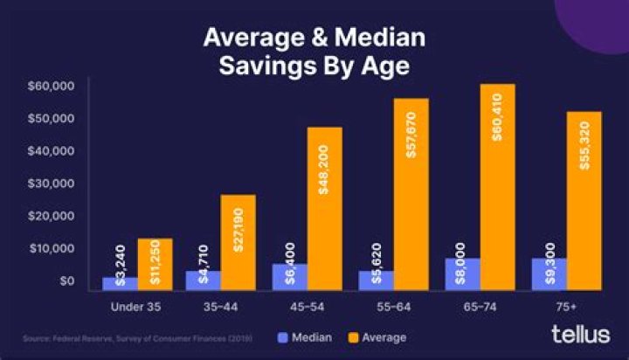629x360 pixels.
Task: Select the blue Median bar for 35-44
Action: pyautogui.click(x=203, y=280)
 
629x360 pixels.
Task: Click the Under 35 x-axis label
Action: pyautogui.click(x=137, y=307)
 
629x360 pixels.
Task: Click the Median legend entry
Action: pyautogui.click(x=306, y=336)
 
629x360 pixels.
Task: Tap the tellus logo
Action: pyautogui.click(x=579, y=334)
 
